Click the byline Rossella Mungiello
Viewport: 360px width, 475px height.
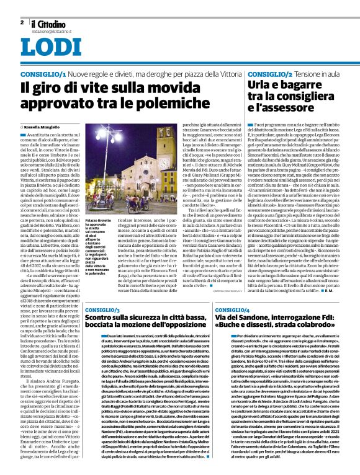46,126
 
